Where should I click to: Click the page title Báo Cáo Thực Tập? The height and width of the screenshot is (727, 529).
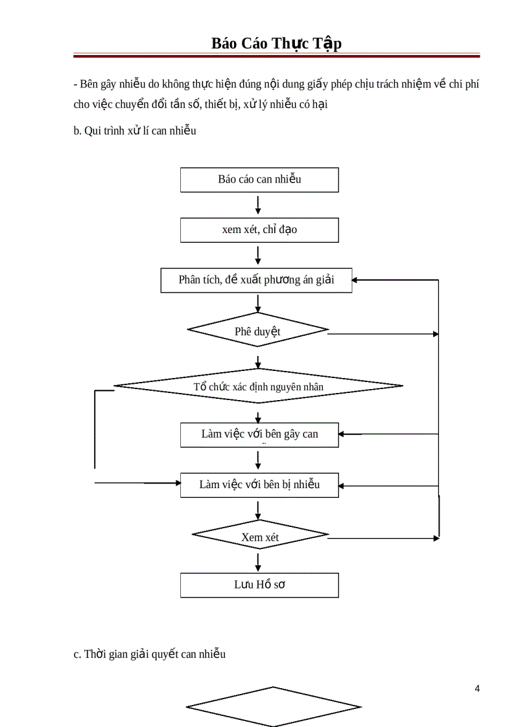tap(276, 43)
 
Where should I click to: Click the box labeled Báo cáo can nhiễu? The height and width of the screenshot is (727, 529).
tap(259, 179)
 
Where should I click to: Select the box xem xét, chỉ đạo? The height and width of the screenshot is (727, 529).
tap(259, 230)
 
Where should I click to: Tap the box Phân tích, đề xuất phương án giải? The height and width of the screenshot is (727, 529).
tap(257, 280)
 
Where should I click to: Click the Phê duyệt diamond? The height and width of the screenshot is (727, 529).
tap(257, 331)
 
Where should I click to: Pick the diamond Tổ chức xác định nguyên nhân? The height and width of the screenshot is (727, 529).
tap(258, 386)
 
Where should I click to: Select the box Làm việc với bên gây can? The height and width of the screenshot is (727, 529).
tap(259, 434)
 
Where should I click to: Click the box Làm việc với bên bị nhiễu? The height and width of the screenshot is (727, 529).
tap(259, 485)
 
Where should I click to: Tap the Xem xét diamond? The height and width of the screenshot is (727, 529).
tap(260, 536)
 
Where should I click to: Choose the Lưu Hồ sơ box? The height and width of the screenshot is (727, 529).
tap(259, 585)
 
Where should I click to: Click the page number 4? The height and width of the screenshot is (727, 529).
tap(477, 688)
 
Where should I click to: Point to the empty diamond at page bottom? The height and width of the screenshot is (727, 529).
tap(273, 706)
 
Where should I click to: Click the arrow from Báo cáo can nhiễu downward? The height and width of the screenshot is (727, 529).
tap(259, 205)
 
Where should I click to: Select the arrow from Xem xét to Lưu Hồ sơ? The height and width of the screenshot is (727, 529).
tap(259, 561)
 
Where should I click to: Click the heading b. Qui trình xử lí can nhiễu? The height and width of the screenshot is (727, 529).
tap(135, 131)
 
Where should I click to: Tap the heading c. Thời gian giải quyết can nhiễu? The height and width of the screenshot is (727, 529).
tap(150, 654)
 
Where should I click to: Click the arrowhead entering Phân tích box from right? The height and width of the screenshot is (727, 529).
tap(356, 280)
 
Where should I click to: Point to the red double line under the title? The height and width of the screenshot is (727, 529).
tap(276, 56)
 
